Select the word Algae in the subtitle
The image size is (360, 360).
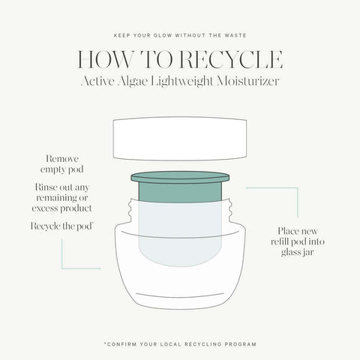[x=140, y=82]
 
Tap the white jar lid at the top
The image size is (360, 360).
[x=179, y=137]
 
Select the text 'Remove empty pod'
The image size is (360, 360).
[x=62, y=165]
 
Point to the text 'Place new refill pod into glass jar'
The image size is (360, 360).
[x=298, y=242]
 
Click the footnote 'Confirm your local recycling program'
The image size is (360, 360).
[x=180, y=343]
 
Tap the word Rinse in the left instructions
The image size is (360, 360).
[x=46, y=186]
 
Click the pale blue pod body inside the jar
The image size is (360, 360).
[x=179, y=225]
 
